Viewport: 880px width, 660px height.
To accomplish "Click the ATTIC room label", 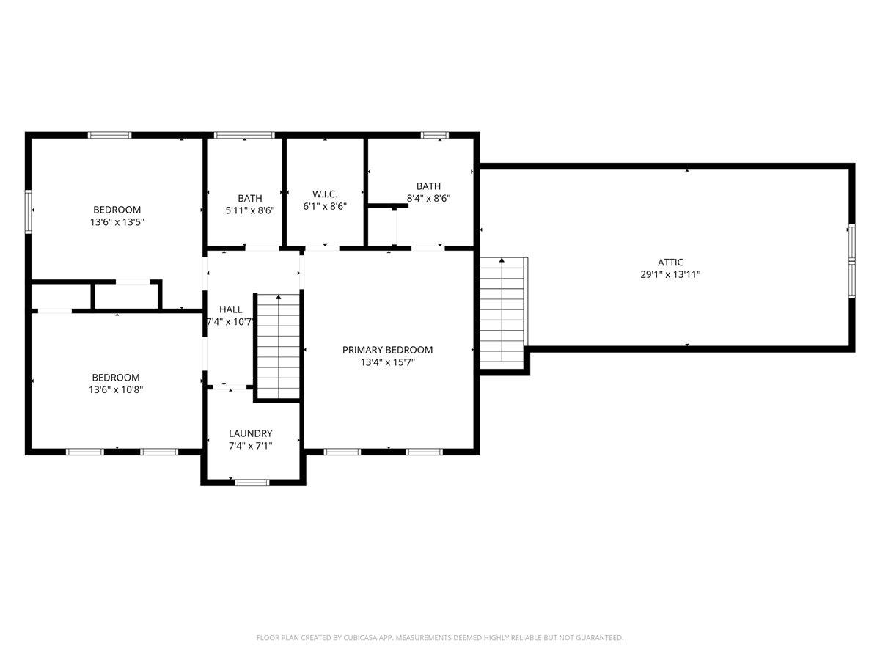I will [x=670, y=262].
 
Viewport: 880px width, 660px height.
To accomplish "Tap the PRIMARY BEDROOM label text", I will [x=387, y=350].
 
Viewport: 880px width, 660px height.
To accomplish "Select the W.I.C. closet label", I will [x=324, y=194].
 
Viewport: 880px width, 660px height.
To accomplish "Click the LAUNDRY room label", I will [x=250, y=433].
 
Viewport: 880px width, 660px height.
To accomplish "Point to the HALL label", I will [x=230, y=309].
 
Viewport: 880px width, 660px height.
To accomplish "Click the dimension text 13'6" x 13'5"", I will [x=116, y=221].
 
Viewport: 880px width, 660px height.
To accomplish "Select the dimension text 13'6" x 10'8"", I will [x=116, y=390].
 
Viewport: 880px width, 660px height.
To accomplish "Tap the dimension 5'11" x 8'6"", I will [x=249, y=210].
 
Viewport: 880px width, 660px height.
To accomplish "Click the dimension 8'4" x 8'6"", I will [x=428, y=198].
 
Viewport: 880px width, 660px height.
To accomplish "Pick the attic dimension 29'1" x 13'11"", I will [x=670, y=274].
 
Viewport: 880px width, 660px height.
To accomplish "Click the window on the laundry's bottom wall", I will [x=252, y=482].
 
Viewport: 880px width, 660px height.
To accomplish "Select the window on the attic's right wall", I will [x=851, y=261].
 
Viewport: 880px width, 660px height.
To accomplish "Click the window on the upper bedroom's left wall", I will [x=29, y=211].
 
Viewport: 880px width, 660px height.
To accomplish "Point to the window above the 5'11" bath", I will [x=244, y=135].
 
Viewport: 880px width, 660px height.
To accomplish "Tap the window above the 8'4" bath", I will [x=434, y=135].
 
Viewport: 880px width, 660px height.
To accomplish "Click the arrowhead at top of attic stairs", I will [x=502, y=260].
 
